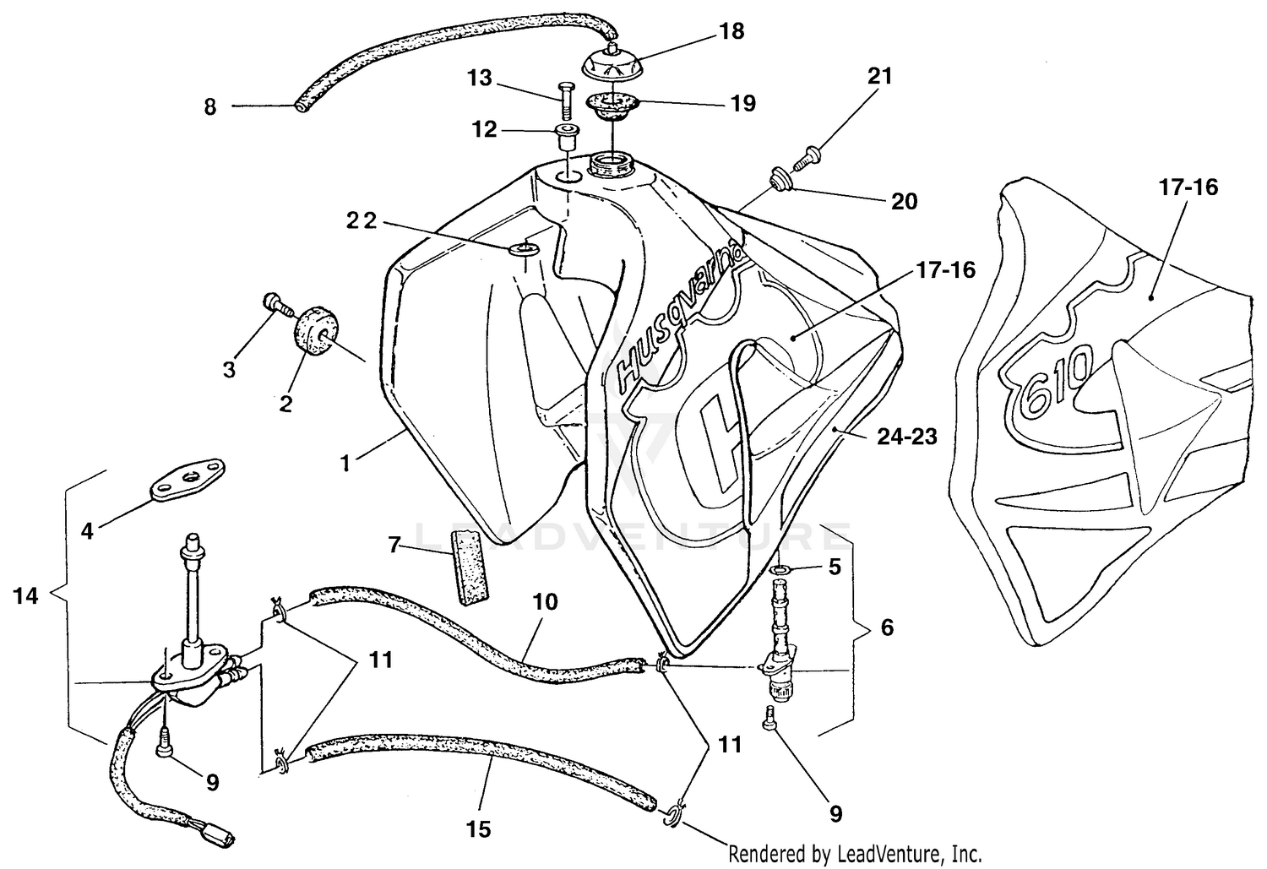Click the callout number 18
click(731, 32)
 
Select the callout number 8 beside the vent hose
click(210, 107)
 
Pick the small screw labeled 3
click(275, 301)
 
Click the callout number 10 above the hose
click(546, 602)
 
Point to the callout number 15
click(478, 829)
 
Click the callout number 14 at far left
click(26, 596)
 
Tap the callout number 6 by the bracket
click(886, 627)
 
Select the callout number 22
click(362, 221)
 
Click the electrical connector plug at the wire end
click(222, 837)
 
